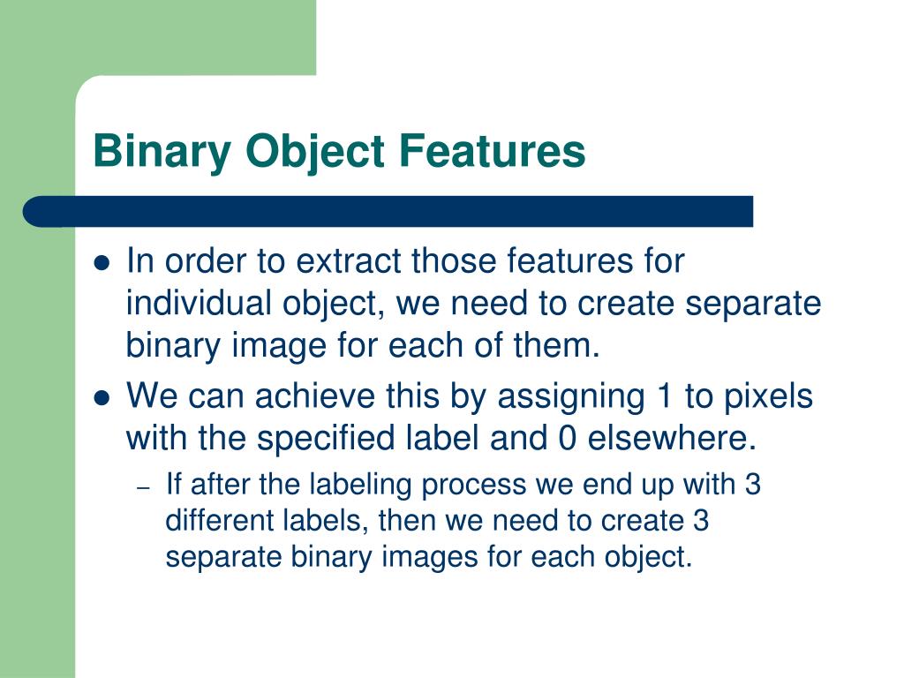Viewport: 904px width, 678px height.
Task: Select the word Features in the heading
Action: point(493,150)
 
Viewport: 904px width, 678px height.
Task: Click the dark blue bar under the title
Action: point(388,212)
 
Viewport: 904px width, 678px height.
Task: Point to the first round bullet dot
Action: point(102,264)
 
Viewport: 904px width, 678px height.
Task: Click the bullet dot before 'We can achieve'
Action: point(102,398)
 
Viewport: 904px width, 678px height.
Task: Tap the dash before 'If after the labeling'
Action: point(146,486)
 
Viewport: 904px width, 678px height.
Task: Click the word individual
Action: point(199,304)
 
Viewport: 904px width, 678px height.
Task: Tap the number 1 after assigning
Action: point(659,396)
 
